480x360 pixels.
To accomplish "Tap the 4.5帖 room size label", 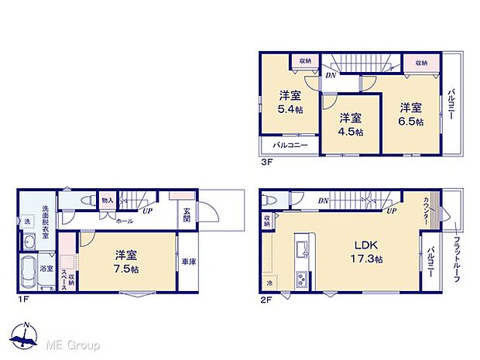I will point(351,132).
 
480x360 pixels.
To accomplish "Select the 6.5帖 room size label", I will point(411,122).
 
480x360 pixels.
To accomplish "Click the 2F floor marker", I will point(267,299).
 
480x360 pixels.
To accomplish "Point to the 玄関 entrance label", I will point(187,214).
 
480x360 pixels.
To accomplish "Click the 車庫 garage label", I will point(188,262).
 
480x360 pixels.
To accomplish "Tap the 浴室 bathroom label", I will point(46,269).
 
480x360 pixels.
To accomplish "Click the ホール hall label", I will point(123,221).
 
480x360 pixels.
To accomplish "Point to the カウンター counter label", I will point(427,211).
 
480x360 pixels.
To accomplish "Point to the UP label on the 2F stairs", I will point(392,211).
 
